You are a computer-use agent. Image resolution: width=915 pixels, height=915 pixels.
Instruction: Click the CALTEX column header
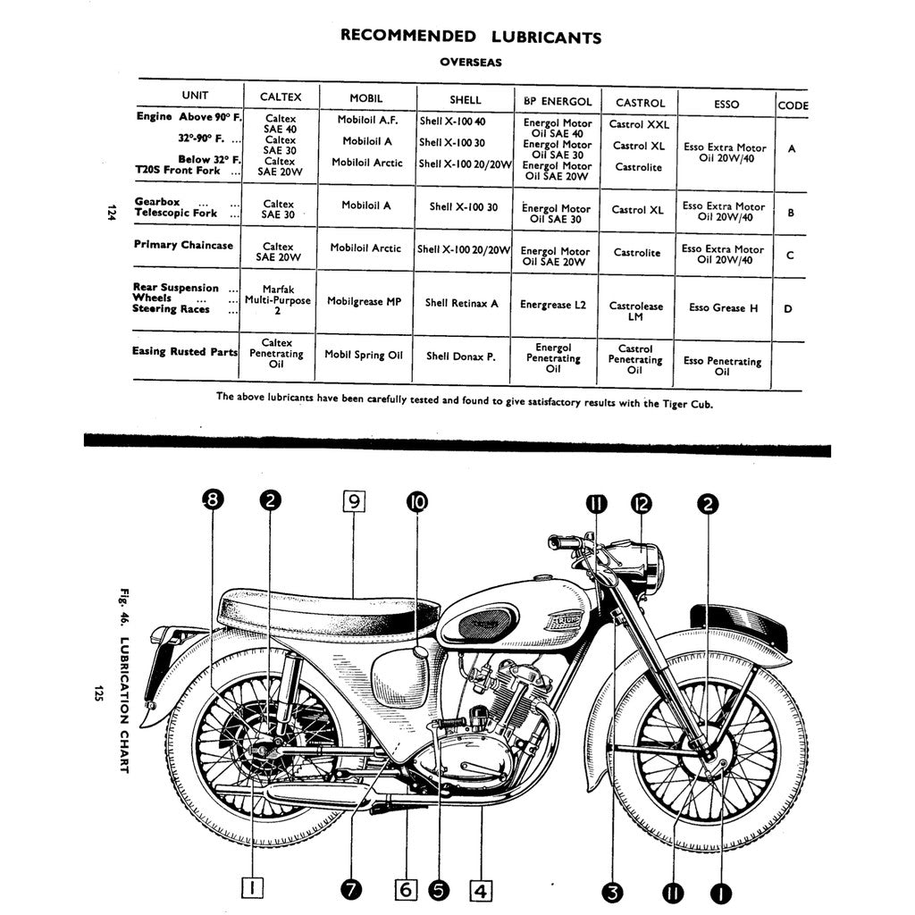point(281,100)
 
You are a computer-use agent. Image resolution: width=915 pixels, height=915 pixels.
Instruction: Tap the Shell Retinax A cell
point(462,304)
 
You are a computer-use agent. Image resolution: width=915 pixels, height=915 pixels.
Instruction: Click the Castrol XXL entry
point(639,125)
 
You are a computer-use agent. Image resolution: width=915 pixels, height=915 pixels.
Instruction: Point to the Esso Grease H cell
point(723,308)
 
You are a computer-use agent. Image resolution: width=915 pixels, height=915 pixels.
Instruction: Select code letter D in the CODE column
point(788,309)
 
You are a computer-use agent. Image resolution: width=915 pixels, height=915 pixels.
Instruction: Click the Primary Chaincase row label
point(183,245)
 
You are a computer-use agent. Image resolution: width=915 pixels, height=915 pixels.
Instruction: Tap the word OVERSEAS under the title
point(471,63)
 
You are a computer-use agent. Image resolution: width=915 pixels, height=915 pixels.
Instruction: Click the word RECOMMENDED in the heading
point(408,37)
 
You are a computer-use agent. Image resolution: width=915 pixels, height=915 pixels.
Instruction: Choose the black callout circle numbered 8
point(212,501)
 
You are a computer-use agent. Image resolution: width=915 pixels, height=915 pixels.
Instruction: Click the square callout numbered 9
point(353,501)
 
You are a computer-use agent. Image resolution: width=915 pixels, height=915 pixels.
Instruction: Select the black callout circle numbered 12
point(641,503)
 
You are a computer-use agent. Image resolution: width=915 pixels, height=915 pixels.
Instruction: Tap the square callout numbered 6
point(406,890)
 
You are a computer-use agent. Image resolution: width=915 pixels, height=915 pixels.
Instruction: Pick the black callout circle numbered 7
point(351,890)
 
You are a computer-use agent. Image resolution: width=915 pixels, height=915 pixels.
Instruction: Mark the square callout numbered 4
point(481,890)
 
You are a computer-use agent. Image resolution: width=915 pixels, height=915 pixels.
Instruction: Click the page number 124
point(112,213)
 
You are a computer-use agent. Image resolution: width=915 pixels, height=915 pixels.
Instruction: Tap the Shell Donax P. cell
point(460,356)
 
